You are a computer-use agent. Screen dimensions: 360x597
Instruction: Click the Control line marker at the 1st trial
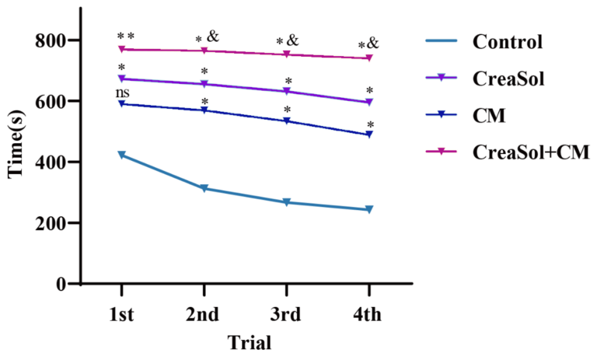(121, 156)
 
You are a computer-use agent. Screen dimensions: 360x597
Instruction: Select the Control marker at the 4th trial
(368, 209)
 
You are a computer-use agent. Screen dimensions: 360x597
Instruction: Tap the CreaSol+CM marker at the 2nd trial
(204, 51)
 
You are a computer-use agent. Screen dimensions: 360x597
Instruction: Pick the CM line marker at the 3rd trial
(286, 121)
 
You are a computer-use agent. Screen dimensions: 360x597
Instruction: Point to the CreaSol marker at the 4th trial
(368, 102)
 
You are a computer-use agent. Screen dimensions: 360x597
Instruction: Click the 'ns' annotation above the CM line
(121, 93)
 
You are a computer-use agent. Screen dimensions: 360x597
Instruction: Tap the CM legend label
(490, 115)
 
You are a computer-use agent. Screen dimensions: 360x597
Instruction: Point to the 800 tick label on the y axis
(50, 40)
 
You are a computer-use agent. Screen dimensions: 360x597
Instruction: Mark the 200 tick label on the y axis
(50, 223)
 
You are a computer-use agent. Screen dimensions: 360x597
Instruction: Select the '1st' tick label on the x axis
(121, 313)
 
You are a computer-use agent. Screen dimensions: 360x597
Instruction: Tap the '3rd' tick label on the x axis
(286, 313)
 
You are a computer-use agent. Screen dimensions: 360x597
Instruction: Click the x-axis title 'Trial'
(249, 342)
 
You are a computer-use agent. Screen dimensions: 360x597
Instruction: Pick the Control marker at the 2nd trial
(204, 188)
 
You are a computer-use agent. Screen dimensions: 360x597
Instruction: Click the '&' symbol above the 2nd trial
(213, 36)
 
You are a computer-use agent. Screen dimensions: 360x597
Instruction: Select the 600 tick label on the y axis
(50, 101)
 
